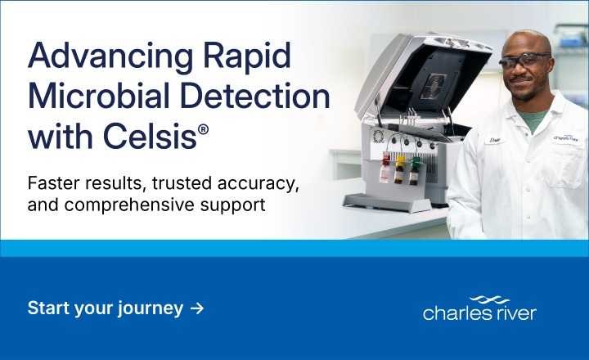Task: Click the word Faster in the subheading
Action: coord(54,182)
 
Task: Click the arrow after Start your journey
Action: coord(196,308)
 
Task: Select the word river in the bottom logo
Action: coord(515,313)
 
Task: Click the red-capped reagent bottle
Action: coord(384,169)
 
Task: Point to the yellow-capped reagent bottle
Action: coord(400,169)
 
